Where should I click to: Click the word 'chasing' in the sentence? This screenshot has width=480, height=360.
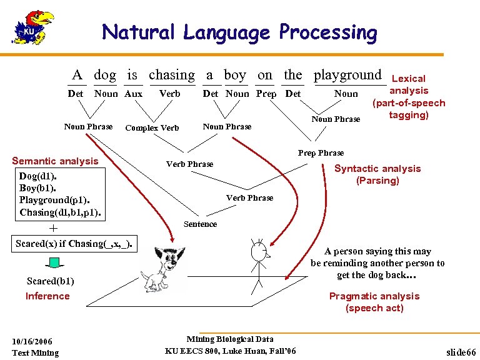click(172, 76)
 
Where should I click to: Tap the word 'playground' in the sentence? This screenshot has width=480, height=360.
click(347, 76)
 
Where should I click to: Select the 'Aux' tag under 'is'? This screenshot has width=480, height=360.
click(133, 94)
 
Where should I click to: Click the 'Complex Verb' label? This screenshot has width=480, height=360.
click(152, 128)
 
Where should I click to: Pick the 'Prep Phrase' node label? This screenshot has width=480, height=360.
click(321, 152)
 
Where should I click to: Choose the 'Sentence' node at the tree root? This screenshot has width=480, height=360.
click(200, 224)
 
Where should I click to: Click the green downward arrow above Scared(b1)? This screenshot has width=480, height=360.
click(55, 262)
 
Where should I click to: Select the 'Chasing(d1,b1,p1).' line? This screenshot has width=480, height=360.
click(60, 212)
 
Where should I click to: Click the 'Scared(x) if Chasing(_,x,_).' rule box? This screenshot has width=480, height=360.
click(74, 243)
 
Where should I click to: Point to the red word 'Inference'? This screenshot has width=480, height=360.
click(47, 296)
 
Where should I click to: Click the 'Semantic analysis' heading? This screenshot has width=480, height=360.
click(55, 161)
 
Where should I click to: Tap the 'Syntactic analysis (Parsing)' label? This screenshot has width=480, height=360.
click(377, 174)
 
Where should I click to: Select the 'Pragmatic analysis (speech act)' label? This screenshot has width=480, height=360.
click(374, 302)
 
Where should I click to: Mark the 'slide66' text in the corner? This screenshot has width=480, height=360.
click(461, 352)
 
